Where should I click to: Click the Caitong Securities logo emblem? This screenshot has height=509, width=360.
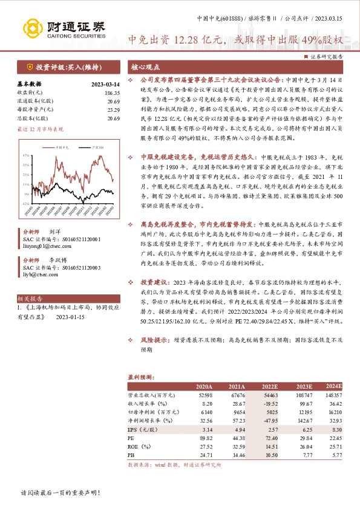pos(32,28)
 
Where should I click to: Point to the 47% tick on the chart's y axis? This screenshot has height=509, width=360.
pos(25,155)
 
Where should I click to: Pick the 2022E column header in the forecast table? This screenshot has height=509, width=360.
pos(271,386)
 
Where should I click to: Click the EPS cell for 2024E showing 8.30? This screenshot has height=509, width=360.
pos(336,427)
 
